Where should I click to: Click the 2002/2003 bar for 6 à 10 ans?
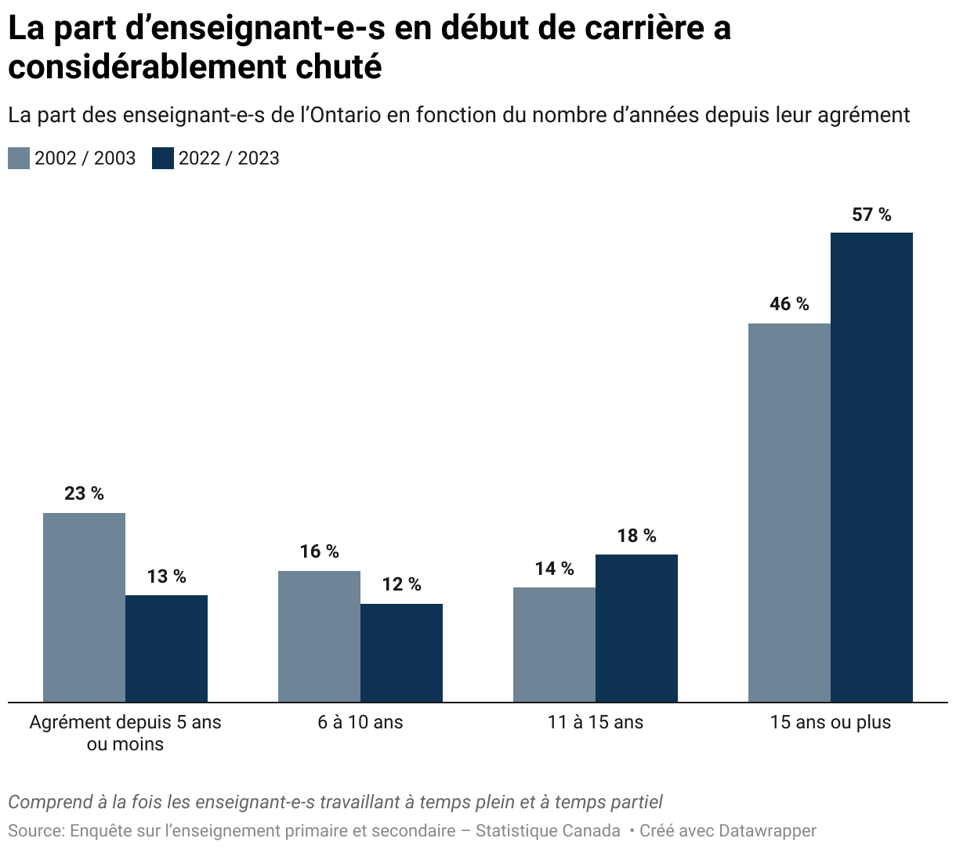[x=319, y=636]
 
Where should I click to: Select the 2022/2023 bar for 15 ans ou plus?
[x=871, y=467]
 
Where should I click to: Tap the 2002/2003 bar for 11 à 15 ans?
[x=554, y=644]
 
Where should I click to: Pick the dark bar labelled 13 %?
[x=166, y=648]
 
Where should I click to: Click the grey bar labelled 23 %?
[x=84, y=607]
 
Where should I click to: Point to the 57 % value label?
[x=871, y=215]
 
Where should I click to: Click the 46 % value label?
[x=789, y=304]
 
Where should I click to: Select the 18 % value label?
[x=636, y=536]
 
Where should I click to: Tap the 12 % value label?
[x=401, y=584]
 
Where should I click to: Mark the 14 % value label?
[x=554, y=569]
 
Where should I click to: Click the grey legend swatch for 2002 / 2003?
[x=19, y=158]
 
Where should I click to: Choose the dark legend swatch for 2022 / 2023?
[x=163, y=158]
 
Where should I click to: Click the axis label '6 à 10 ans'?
[x=360, y=722]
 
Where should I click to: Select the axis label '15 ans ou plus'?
[x=831, y=722]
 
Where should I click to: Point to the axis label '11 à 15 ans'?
[x=596, y=722]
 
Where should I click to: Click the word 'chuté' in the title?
[x=339, y=67]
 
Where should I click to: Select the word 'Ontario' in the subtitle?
[x=344, y=115]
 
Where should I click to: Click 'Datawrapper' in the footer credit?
[x=767, y=830]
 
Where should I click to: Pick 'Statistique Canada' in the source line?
[x=548, y=830]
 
